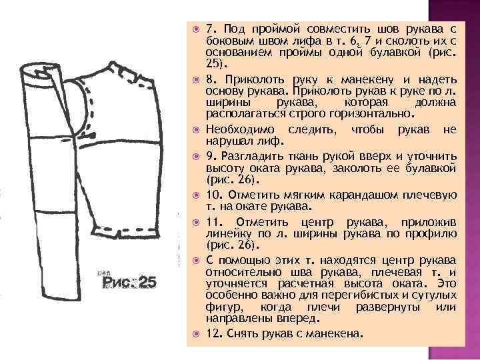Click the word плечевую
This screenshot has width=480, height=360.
(x=429, y=194)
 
